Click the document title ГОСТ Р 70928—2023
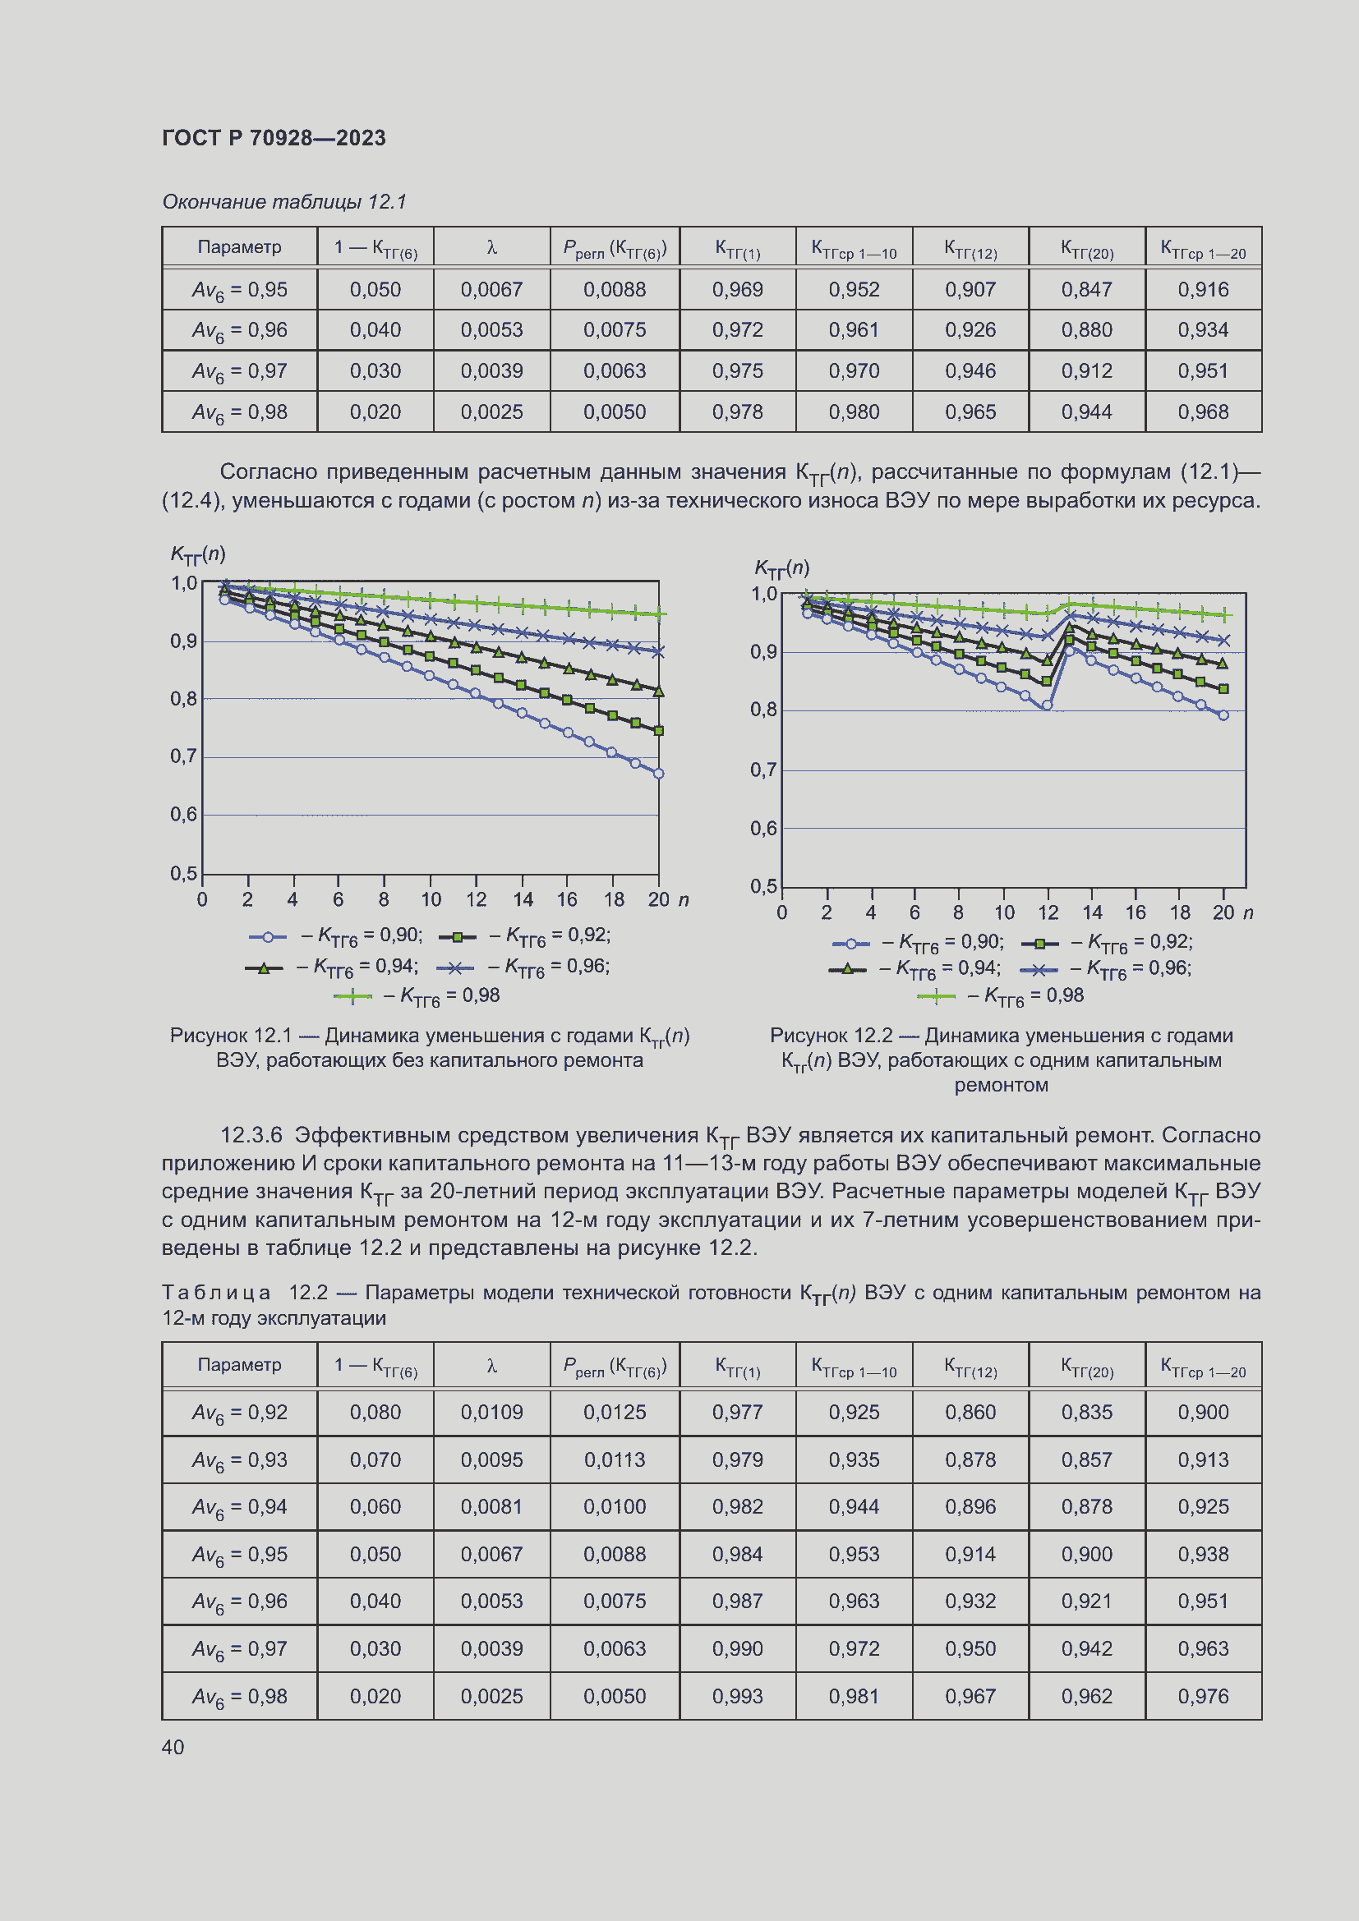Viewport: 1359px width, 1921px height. (x=274, y=138)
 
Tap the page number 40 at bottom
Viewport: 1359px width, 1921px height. (x=173, y=1746)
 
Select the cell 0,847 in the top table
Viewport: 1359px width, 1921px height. (x=1086, y=289)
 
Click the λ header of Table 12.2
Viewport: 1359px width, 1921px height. (x=491, y=1366)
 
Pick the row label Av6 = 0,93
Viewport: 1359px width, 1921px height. (x=239, y=1460)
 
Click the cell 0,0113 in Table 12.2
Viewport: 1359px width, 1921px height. (x=615, y=1459)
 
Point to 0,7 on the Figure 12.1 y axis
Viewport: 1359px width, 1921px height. (x=183, y=756)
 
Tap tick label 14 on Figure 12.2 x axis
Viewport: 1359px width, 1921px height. (x=1091, y=912)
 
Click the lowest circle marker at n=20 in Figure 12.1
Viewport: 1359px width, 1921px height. (x=659, y=773)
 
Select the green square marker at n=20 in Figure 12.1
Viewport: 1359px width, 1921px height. (x=659, y=730)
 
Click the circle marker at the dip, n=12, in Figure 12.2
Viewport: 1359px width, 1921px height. (x=1047, y=705)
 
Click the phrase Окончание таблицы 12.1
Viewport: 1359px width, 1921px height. (x=283, y=202)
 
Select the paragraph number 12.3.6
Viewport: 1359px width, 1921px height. (x=251, y=1134)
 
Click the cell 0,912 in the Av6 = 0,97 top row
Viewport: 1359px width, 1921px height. (x=1086, y=370)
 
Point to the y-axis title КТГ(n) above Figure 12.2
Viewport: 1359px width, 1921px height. (x=781, y=568)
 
